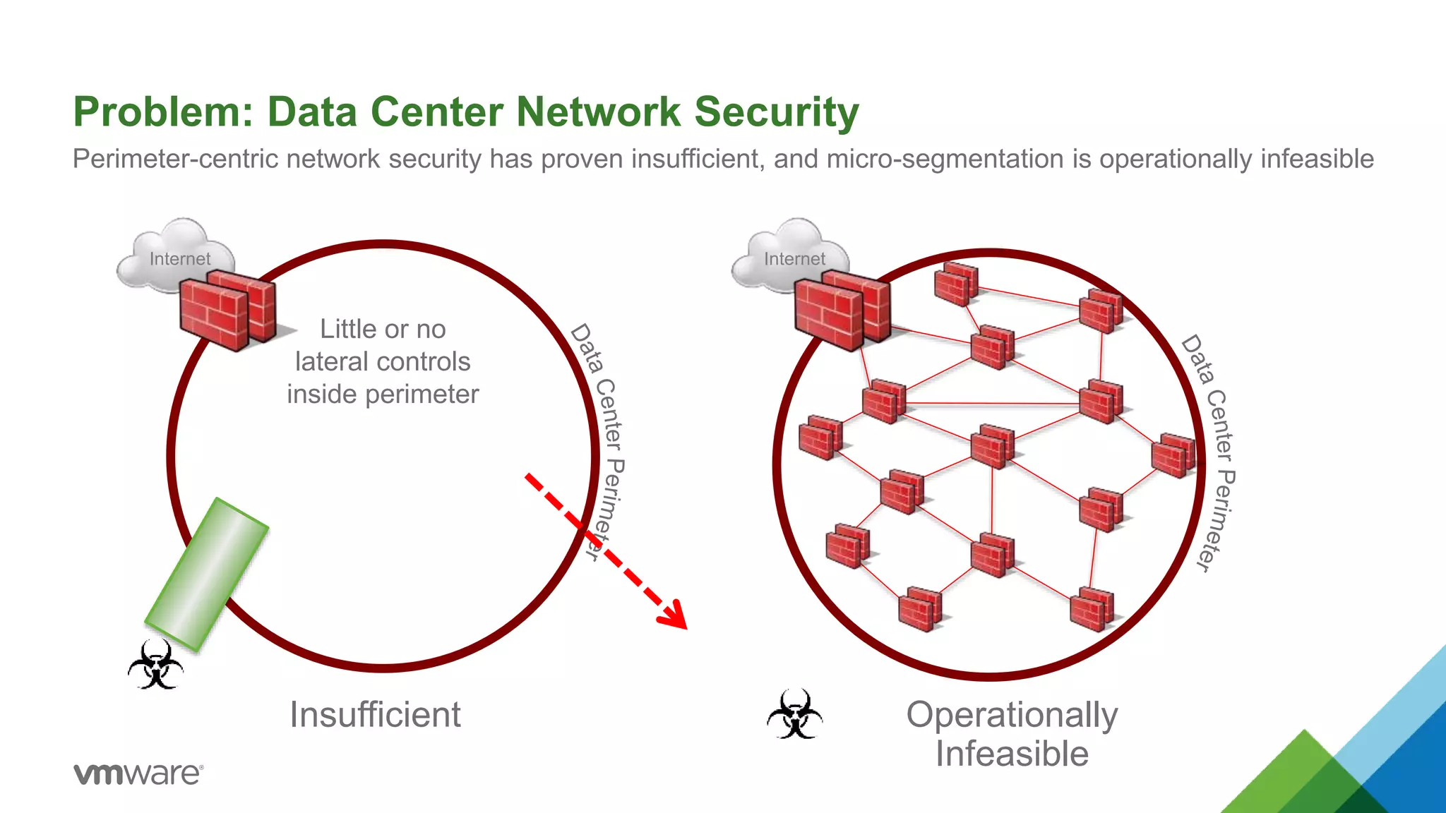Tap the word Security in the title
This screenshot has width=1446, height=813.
pyautogui.click(x=777, y=112)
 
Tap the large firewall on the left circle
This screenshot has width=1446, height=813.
pyautogui.click(x=226, y=311)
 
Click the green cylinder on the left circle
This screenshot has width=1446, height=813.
pyautogui.click(x=207, y=574)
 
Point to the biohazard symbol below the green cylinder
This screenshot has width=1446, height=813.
pyautogui.click(x=155, y=664)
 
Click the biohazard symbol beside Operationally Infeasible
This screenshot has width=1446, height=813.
pyautogui.click(x=794, y=714)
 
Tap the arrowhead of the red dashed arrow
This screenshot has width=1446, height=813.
pyautogui.click(x=674, y=615)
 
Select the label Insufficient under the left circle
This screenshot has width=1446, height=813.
pyautogui.click(x=375, y=714)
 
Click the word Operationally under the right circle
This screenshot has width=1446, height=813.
pyautogui.click(x=1012, y=714)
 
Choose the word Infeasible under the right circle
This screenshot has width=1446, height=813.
pyautogui.click(x=1012, y=754)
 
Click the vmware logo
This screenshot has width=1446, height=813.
pyautogui.click(x=138, y=773)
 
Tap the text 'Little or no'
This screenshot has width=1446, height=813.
pyautogui.click(x=383, y=329)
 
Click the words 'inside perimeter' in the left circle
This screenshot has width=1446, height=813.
pyautogui.click(x=383, y=394)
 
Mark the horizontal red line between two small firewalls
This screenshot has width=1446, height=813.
pyautogui.click(x=992, y=404)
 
